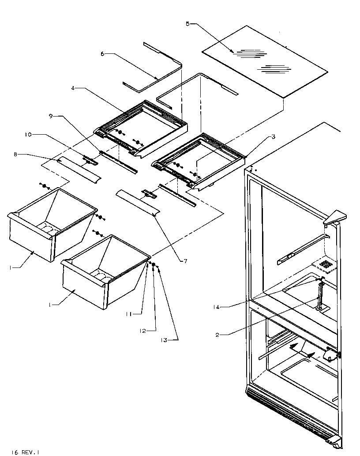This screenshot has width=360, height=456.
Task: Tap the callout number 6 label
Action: [x=102, y=54]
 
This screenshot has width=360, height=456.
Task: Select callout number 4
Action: [x=73, y=88]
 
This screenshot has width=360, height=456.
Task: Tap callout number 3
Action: [x=274, y=137]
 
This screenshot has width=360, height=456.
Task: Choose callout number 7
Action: [x=185, y=261]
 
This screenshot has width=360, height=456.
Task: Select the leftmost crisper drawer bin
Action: [x=49, y=225]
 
